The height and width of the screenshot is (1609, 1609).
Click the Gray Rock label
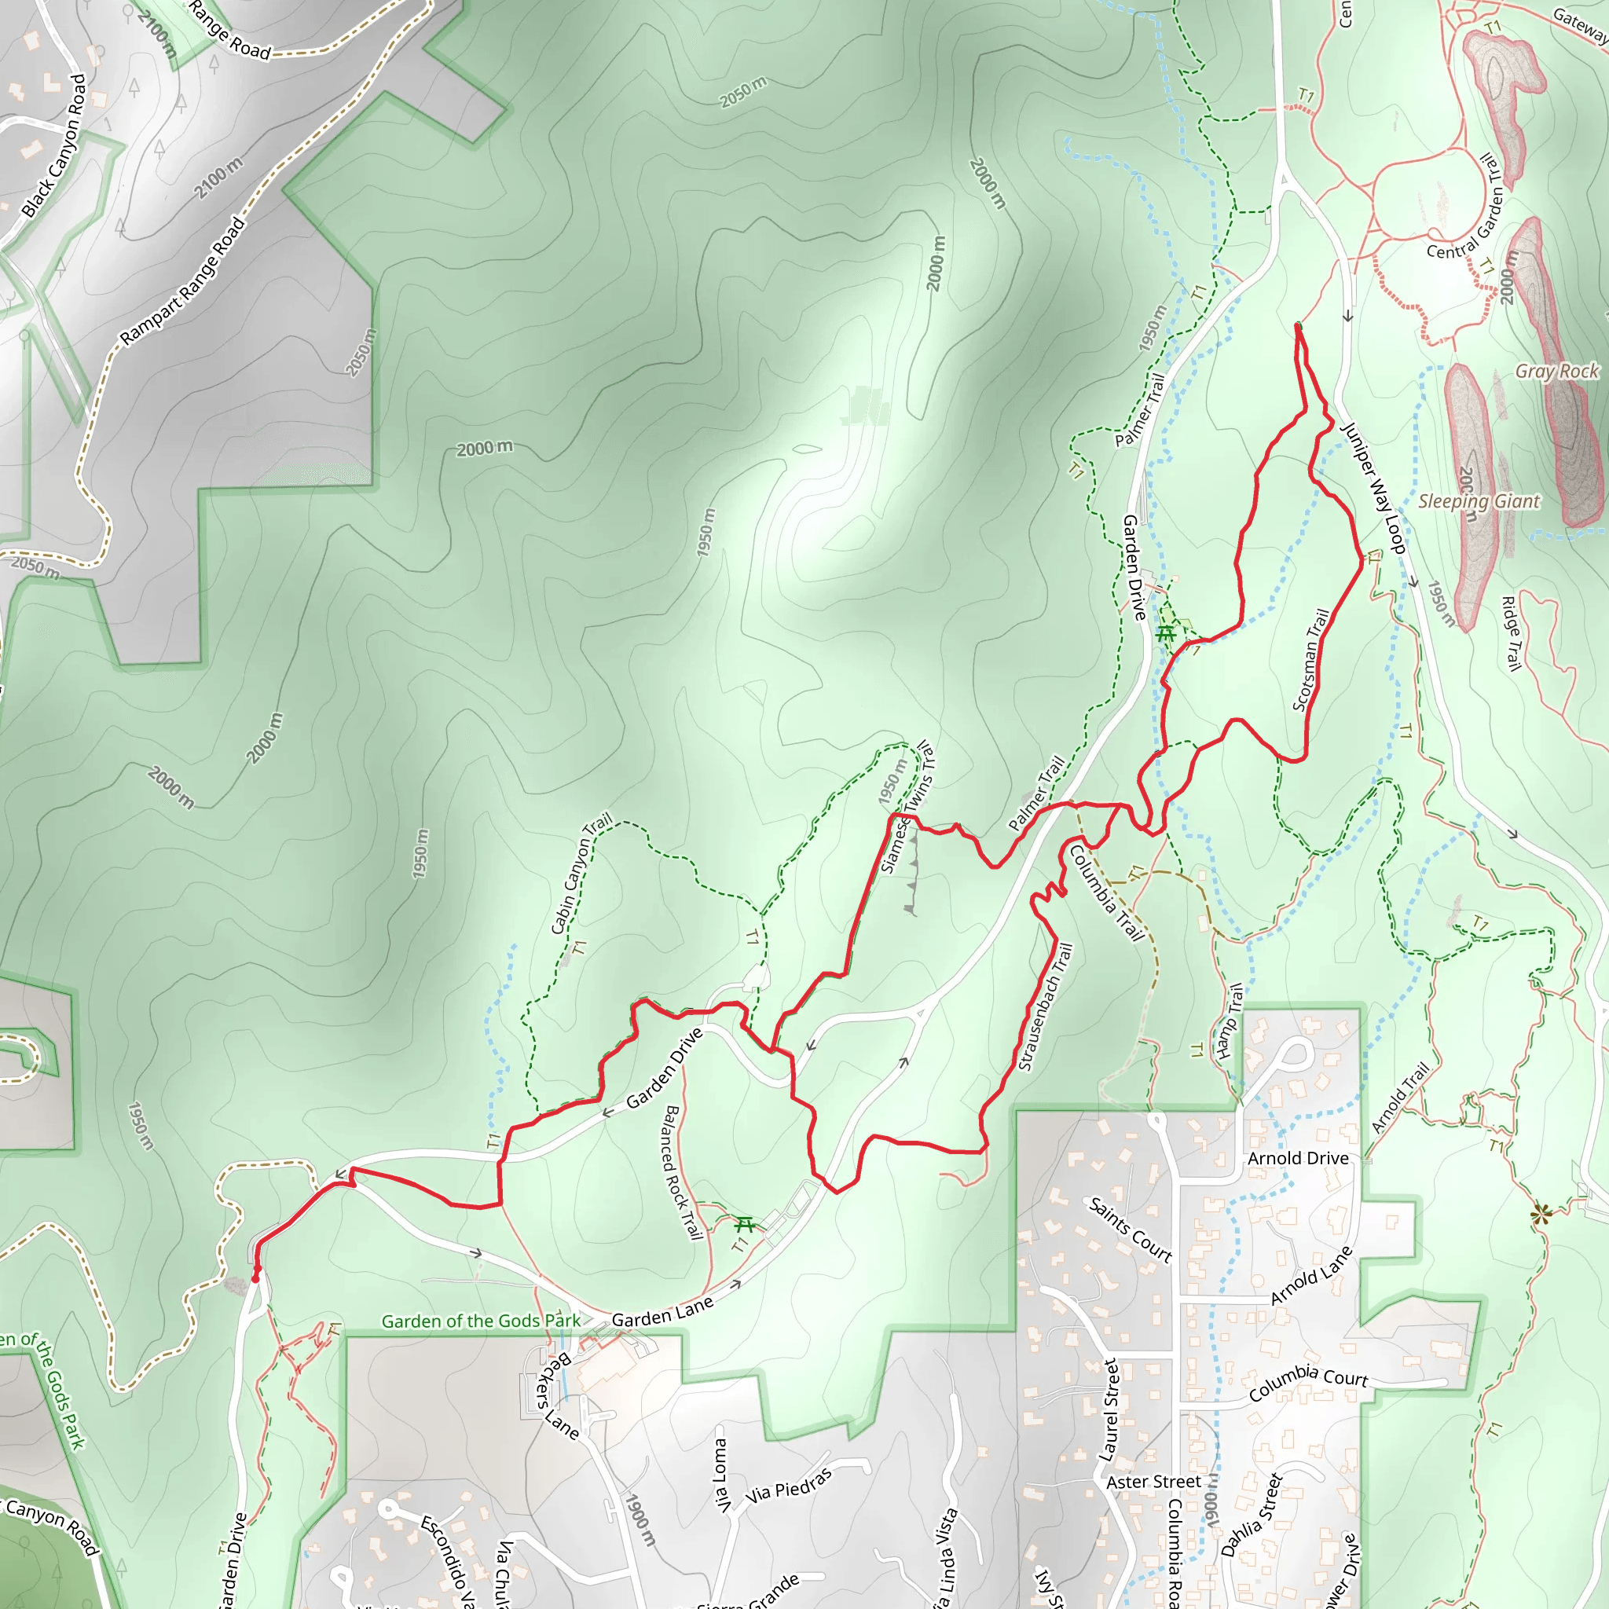(1556, 372)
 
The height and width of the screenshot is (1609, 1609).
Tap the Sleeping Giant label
(1479, 501)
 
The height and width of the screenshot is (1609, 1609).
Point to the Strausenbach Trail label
(1045, 1005)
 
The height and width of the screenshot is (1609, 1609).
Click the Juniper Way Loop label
(1373, 488)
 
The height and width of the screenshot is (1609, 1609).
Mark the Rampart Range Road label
(182, 280)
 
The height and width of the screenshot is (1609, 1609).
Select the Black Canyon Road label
(54, 147)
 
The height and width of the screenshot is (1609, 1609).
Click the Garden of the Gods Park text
(481, 1321)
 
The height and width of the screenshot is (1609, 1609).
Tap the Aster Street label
(1153, 1482)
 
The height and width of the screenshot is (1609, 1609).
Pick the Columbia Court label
(1307, 1382)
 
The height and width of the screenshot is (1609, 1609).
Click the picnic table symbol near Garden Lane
(745, 1224)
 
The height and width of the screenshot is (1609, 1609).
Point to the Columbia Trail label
(1106, 892)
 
